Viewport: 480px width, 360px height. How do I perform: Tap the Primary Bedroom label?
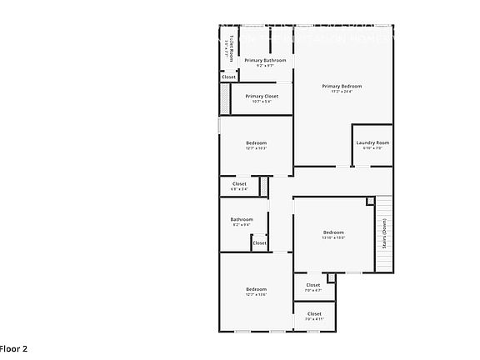point(342,86)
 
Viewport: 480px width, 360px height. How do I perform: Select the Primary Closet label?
point(262,96)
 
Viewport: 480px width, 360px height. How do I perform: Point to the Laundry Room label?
point(372,142)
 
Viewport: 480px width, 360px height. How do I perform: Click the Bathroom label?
point(242,220)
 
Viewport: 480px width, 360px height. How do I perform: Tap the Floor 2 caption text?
point(14,348)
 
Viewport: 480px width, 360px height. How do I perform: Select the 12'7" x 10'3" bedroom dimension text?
point(256,148)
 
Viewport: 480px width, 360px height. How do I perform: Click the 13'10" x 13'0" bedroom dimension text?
point(333,237)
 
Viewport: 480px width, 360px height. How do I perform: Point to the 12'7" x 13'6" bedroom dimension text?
point(256,294)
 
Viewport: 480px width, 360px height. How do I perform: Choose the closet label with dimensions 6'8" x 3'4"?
point(239,184)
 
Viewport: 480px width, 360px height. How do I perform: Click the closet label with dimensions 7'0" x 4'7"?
point(313,286)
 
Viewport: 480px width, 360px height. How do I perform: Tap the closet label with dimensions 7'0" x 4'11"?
point(314,314)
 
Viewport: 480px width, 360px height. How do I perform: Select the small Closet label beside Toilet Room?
point(228,77)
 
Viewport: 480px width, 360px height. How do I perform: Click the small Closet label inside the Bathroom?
point(259,243)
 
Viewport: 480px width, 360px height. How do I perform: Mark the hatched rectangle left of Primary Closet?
point(224,100)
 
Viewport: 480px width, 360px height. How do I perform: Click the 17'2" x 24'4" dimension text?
point(342,92)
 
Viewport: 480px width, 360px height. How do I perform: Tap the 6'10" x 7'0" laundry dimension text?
point(372,148)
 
